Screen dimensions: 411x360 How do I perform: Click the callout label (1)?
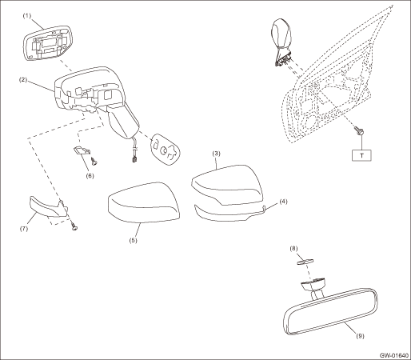pyautogui.click(x=26, y=16)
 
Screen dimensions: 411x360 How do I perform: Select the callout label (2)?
pyautogui.click(x=23, y=80)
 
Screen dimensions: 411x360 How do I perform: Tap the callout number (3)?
pyautogui.click(x=216, y=154)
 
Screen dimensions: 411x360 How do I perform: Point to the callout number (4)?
pyautogui.click(x=283, y=202)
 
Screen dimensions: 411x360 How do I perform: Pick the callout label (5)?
pyautogui.click(x=133, y=240)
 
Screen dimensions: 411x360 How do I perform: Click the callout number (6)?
pyautogui.click(x=90, y=176)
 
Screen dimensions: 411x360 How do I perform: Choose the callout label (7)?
pyautogui.click(x=24, y=229)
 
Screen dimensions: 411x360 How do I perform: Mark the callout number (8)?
pyautogui.click(x=293, y=249)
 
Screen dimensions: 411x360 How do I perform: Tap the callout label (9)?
pyautogui.click(x=360, y=336)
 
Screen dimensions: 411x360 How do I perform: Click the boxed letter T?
pyautogui.click(x=361, y=155)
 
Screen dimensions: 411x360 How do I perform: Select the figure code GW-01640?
pyautogui.click(x=394, y=355)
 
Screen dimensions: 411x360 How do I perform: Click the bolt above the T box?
pyautogui.click(x=358, y=130)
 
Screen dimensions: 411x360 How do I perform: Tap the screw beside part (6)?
pyautogui.click(x=94, y=161)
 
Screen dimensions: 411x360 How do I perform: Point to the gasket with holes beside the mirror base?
pyautogui.click(x=166, y=150)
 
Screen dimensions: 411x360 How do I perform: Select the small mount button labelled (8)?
pyautogui.click(x=305, y=262)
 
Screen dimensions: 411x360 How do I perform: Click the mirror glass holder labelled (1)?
pyautogui.click(x=47, y=43)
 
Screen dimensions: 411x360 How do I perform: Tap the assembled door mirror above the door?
pyautogui.click(x=281, y=42)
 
